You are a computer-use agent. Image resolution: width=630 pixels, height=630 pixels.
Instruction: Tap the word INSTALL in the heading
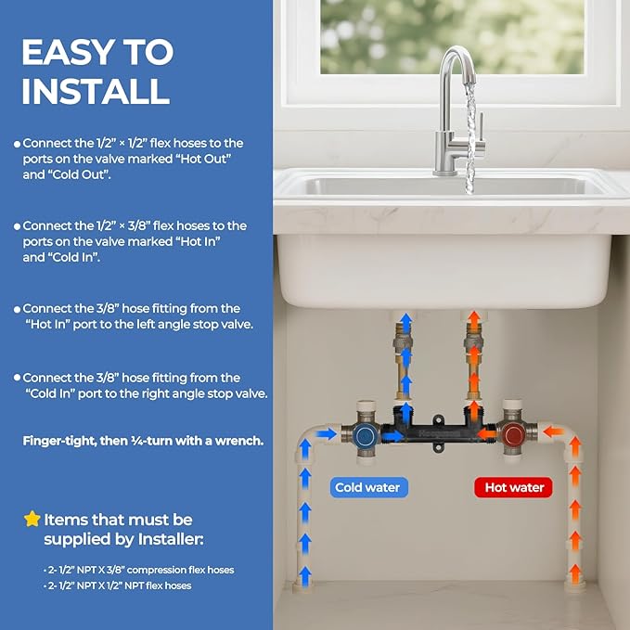(x=96, y=91)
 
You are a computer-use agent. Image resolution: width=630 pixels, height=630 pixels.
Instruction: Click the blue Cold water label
(x=368, y=487)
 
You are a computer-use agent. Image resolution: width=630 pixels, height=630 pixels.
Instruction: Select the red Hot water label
(x=513, y=487)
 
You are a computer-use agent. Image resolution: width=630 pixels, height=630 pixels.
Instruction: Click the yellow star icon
(x=32, y=519)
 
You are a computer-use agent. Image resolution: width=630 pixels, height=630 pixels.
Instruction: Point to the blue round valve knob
(x=366, y=435)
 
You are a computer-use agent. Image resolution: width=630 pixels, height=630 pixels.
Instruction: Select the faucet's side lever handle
(x=481, y=129)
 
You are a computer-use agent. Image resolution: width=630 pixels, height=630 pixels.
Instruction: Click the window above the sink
(x=452, y=37)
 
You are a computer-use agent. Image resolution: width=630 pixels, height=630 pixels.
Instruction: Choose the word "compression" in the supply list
(x=156, y=570)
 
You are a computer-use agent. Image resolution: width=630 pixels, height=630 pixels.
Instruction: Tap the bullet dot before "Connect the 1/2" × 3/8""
(x=17, y=226)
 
